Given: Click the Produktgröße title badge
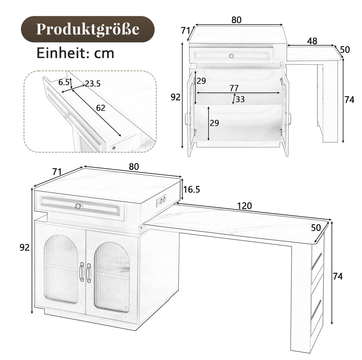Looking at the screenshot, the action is click(x=88, y=29).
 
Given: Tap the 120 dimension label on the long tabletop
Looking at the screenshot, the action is click(x=245, y=206).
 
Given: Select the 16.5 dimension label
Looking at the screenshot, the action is click(x=191, y=189).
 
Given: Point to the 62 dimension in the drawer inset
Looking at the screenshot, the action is click(x=100, y=108).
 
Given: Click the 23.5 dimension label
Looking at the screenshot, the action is click(x=93, y=84).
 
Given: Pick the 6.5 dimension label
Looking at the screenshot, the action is click(x=64, y=82).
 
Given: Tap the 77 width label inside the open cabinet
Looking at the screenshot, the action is click(x=234, y=88).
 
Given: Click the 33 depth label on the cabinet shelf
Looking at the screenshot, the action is click(x=240, y=99).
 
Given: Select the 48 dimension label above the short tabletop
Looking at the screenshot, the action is click(x=312, y=41).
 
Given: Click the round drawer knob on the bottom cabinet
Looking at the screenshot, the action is click(x=78, y=206).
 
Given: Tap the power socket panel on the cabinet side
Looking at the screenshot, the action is click(x=161, y=200).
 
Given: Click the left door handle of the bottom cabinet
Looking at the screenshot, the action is click(x=81, y=272).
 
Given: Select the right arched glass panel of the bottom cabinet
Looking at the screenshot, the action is click(x=112, y=277).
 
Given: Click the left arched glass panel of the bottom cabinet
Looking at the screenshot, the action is click(x=61, y=269).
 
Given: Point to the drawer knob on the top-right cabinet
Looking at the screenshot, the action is click(x=231, y=56).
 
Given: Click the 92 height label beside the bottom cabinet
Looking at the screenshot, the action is click(x=24, y=248).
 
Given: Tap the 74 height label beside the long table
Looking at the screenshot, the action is click(x=338, y=276).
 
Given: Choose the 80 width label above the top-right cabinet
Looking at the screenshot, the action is click(x=237, y=20).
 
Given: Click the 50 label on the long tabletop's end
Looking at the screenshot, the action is click(x=316, y=228).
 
